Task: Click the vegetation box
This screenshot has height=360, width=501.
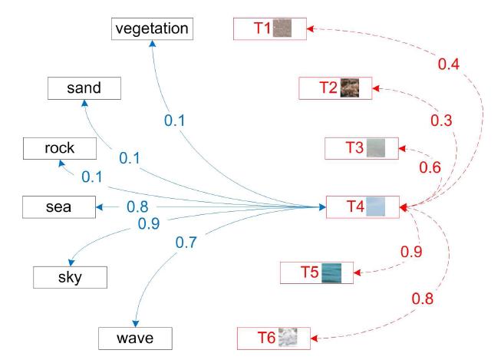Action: click(152, 29)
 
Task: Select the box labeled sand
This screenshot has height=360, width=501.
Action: click(84, 88)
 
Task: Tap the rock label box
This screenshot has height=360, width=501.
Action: click(60, 148)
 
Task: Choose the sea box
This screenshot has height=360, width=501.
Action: click(59, 207)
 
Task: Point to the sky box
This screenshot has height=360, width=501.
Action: click(71, 278)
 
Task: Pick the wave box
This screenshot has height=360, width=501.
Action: click(135, 339)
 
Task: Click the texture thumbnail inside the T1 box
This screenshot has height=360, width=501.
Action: click(282, 28)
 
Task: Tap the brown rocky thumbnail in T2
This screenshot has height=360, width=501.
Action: click(350, 88)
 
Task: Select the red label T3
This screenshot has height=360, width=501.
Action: click(354, 147)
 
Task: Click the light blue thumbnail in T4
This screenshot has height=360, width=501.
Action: click(375, 206)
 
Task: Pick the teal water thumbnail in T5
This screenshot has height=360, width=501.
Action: click(331, 273)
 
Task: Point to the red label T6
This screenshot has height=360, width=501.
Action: click(266, 338)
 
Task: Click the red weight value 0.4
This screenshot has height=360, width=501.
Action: click(449, 64)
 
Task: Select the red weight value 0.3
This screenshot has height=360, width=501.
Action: click(441, 121)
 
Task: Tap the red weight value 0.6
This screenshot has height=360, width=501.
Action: click(430, 167)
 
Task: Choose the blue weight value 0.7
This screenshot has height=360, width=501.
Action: click(186, 243)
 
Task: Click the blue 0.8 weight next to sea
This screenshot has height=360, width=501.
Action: click(137, 206)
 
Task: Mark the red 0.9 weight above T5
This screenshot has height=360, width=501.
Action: click(411, 252)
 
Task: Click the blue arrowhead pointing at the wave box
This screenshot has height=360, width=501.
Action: click(136, 323)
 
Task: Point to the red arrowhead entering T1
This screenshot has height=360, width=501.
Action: click(310, 28)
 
